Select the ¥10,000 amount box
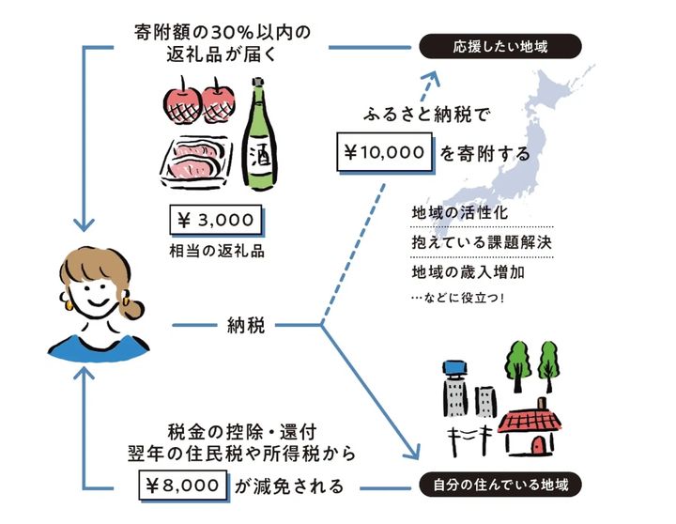tap(385, 151)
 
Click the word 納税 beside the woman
tap(247, 327)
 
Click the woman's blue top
tap(100, 347)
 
